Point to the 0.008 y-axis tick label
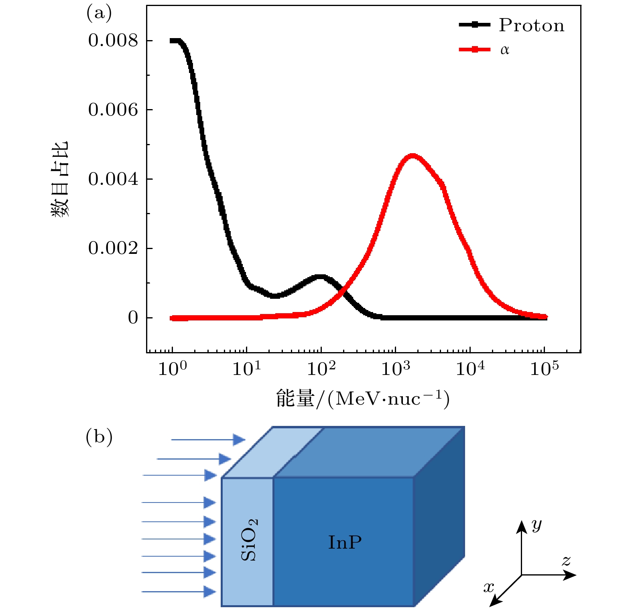click(x=113, y=41)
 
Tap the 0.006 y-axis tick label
click(x=113, y=110)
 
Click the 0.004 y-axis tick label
click(x=113, y=179)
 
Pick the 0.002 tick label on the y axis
click(x=113, y=248)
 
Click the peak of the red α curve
click(x=412, y=156)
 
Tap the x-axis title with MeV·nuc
click(x=363, y=399)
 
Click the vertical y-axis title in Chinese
click(x=60, y=179)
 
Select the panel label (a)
click(x=99, y=14)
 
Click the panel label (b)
click(x=99, y=437)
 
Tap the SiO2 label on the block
click(x=249, y=540)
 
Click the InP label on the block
click(x=345, y=542)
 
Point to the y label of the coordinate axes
click(x=536, y=524)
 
